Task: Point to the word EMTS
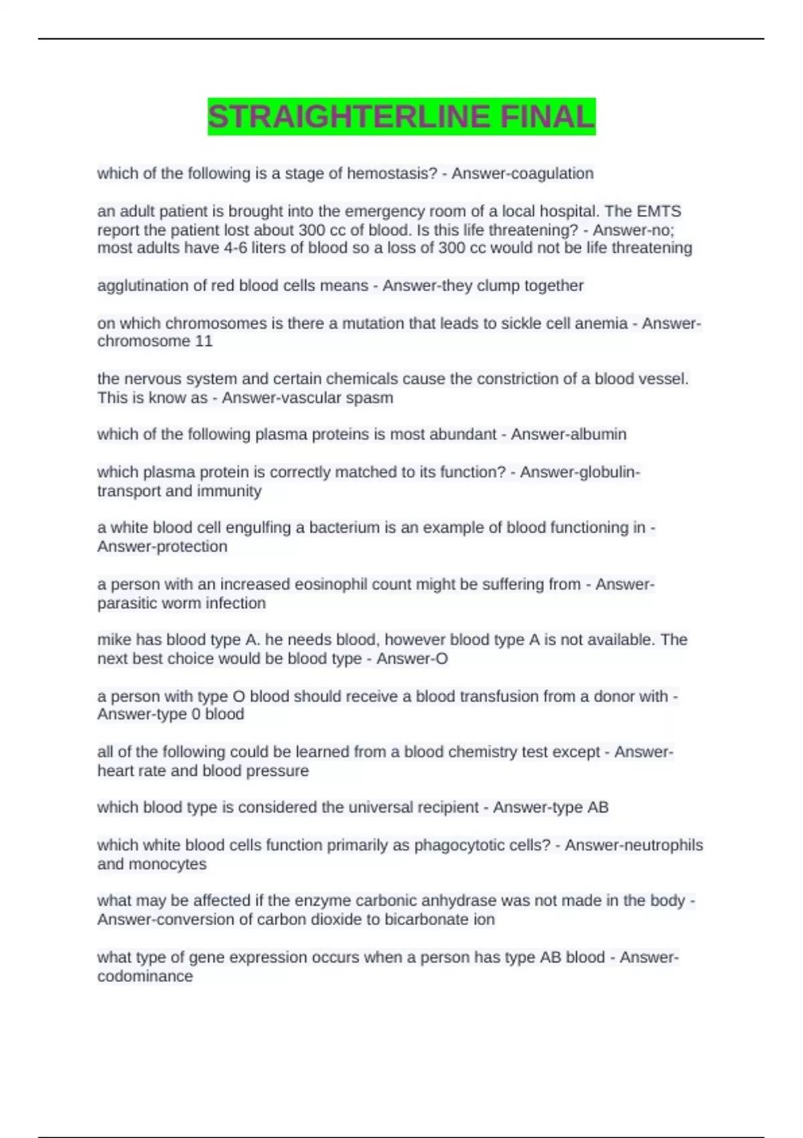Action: point(658,212)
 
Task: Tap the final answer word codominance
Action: point(145,976)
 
